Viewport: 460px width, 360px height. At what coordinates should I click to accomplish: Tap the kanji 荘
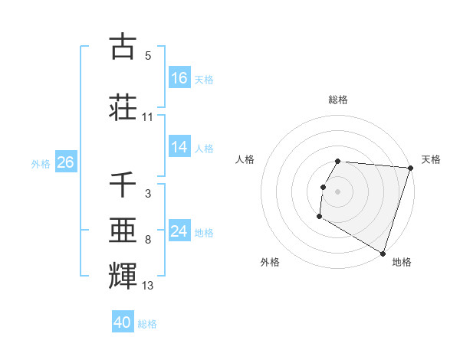(123, 106)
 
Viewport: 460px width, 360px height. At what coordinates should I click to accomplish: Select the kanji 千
(123, 186)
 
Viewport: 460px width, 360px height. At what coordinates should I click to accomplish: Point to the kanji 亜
(123, 230)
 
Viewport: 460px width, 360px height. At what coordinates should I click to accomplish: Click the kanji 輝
(123, 274)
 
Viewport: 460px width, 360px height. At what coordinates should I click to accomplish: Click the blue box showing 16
(179, 78)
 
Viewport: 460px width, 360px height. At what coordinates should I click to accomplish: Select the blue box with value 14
(179, 147)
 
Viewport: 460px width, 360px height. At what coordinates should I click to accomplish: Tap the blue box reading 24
(179, 231)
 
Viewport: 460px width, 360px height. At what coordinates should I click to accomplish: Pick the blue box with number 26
(65, 162)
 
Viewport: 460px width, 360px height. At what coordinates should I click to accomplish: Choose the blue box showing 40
(123, 322)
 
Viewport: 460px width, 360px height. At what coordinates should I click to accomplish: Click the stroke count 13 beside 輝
(148, 286)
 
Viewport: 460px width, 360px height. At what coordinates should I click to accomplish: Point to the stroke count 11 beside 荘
(148, 117)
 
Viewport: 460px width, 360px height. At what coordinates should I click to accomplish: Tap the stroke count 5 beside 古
(148, 56)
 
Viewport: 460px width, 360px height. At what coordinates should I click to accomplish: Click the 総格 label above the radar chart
(338, 100)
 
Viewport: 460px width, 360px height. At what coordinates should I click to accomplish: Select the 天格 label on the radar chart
(431, 159)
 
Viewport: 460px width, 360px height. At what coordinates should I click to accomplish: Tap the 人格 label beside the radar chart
(245, 159)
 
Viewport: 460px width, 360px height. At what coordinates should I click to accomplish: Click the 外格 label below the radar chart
(270, 262)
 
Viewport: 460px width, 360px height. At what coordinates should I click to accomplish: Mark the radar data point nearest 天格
(410, 168)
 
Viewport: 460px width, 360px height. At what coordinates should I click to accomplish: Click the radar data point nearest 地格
(383, 253)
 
